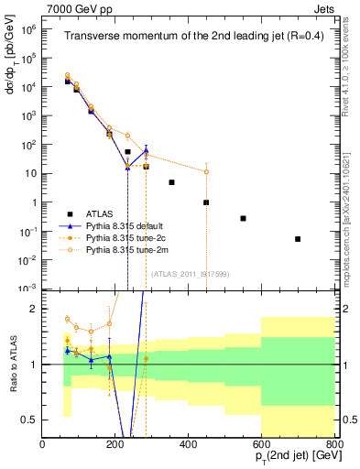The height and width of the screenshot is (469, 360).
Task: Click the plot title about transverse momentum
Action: click(188, 37)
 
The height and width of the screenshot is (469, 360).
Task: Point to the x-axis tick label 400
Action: click(189, 445)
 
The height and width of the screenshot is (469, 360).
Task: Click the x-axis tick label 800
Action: click(333, 445)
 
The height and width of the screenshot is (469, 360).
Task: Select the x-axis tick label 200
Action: click(115, 445)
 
